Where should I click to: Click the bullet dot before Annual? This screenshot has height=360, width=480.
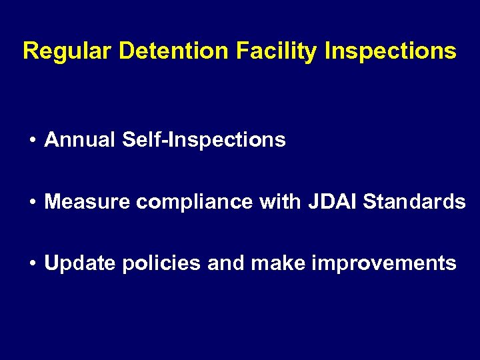pyautogui.click(x=32, y=141)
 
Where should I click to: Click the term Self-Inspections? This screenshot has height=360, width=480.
pyautogui.click(x=204, y=140)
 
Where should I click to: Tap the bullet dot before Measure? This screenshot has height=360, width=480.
pyautogui.click(x=32, y=202)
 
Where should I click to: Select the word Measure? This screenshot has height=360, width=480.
pyautogui.click(x=87, y=201)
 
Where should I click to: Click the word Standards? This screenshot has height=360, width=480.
pyautogui.click(x=414, y=201)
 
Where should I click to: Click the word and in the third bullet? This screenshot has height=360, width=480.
pyautogui.click(x=227, y=263)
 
